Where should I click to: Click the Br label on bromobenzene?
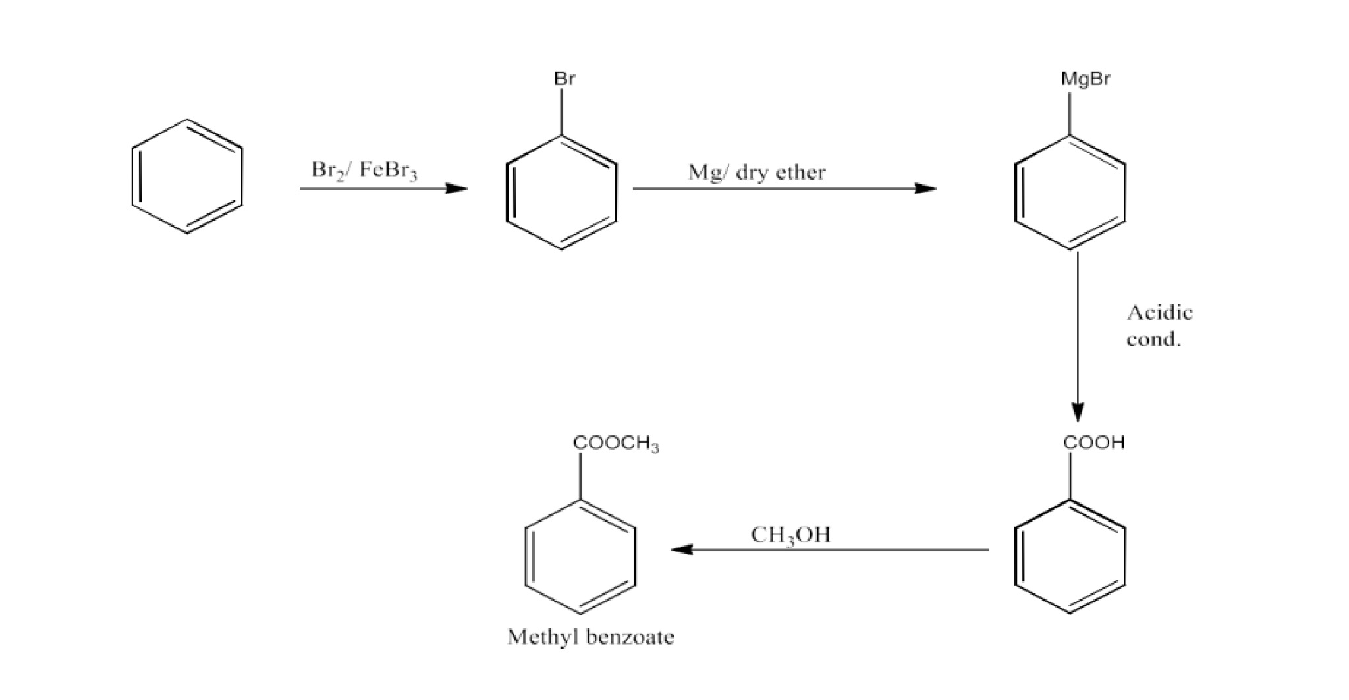pos(564,79)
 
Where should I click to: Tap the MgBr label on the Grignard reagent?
pos(1085,79)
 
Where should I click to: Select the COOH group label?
pos(1093,443)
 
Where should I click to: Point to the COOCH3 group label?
pos(616,444)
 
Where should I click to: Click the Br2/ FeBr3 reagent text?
pos(364,170)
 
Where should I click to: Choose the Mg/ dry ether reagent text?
pos(756,173)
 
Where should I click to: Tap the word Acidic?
pos(1159,312)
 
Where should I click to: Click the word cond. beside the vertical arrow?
pos(1153,339)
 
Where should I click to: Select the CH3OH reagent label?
pos(790,535)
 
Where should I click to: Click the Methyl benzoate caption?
pos(590,637)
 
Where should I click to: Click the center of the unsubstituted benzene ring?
pos(187,176)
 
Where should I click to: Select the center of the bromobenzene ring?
pos(561,192)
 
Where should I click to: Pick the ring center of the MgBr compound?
pos(1070,192)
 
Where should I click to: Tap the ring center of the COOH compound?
pos(1070,556)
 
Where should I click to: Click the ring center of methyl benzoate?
pos(580,556)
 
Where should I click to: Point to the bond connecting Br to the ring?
pos(561,112)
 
